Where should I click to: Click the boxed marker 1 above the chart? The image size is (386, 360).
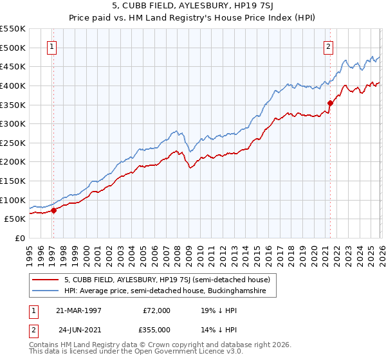[x=51, y=46]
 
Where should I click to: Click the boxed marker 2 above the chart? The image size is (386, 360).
[x=328, y=46]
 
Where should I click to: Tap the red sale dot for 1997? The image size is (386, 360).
[x=54, y=210]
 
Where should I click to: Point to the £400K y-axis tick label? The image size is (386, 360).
[x=13, y=85]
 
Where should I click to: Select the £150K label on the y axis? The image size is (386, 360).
[x=13, y=181]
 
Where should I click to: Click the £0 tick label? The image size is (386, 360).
[x=19, y=238]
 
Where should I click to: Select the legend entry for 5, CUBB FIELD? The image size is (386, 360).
[x=170, y=280]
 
